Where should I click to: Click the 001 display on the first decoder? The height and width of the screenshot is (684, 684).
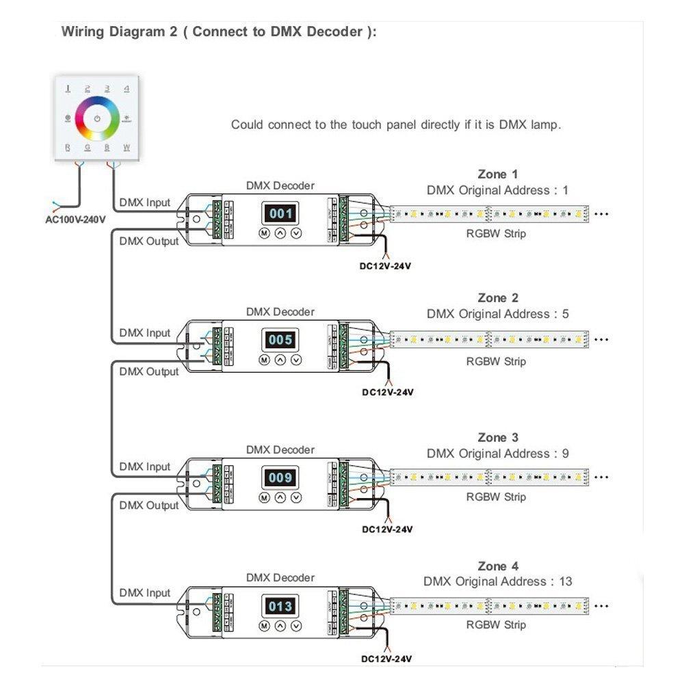tap(280, 213)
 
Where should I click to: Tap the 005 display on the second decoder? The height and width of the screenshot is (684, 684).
tap(280, 340)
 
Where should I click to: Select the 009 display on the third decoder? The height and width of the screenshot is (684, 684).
tap(280, 477)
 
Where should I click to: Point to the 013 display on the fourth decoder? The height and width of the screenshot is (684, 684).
tap(280, 606)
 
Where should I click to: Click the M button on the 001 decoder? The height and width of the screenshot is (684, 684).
tap(263, 233)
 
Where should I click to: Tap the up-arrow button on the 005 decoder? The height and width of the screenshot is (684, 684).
tap(280, 360)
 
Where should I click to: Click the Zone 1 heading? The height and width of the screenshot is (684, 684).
tap(497, 174)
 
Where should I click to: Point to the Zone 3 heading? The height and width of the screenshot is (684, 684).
tap(497, 437)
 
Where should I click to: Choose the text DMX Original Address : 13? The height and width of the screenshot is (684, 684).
tap(497, 581)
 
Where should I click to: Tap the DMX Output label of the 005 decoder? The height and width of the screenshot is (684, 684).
tap(148, 371)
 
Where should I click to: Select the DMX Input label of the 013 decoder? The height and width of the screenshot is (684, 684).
tap(144, 592)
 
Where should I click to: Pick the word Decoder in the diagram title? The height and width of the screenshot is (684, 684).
tap(334, 31)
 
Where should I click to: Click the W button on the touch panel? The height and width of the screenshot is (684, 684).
tap(127, 147)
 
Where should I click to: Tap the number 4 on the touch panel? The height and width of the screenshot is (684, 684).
tap(127, 88)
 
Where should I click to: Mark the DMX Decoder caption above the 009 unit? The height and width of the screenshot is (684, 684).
tap(280, 449)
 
